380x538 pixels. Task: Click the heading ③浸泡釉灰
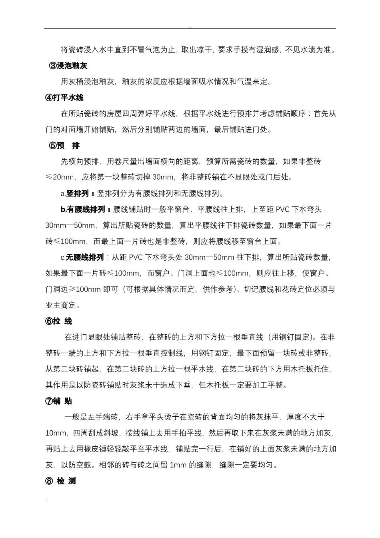[x=68, y=66]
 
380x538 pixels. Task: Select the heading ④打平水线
[x=64, y=98]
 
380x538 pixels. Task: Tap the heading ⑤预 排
[x=64, y=146]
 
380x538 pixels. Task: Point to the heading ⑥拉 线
[x=59, y=321]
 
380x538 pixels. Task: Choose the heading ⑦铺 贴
[x=59, y=401]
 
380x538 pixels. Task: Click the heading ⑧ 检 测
[x=60, y=481]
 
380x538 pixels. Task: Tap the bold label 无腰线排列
[x=85, y=257]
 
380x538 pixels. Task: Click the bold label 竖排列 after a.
[x=77, y=194]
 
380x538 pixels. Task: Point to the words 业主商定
[x=61, y=305]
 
